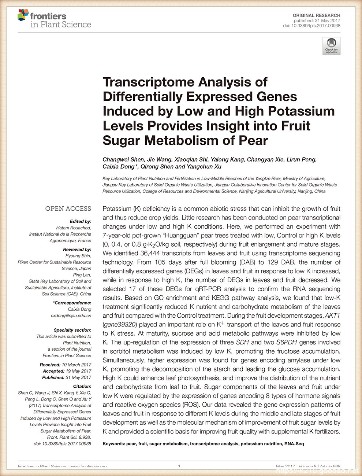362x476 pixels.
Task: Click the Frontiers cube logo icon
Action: (x=23, y=15)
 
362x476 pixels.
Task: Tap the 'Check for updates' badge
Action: (x=331, y=46)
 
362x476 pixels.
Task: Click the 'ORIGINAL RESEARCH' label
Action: (x=316, y=15)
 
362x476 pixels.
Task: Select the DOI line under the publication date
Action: (x=311, y=26)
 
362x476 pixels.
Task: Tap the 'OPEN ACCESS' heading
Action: (x=68, y=209)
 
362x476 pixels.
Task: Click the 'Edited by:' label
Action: (x=80, y=221)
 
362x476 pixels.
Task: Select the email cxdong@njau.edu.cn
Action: (x=71, y=316)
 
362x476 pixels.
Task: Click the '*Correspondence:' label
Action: (x=72, y=303)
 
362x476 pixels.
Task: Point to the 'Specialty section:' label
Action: (x=72, y=330)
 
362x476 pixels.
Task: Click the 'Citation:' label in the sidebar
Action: (x=82, y=386)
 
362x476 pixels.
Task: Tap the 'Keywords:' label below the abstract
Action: (x=113, y=444)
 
